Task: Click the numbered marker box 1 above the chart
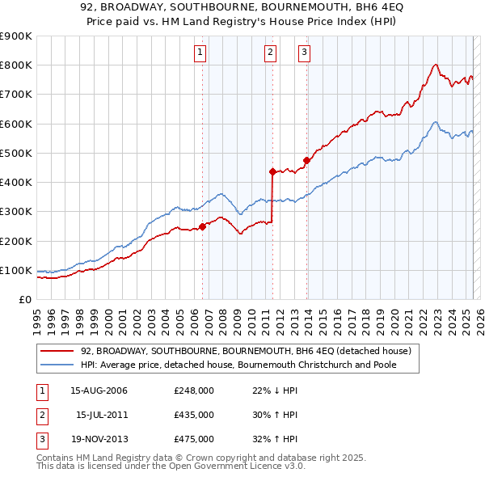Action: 200,53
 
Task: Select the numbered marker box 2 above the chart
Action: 269,53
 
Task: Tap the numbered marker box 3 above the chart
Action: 304,53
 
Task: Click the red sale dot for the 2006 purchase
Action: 203,226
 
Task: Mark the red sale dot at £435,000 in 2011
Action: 272,171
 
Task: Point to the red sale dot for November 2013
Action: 306,160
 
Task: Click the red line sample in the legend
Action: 57,352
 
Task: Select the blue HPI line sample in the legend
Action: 57,365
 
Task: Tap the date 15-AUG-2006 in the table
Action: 99,390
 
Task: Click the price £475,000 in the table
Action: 194,439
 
